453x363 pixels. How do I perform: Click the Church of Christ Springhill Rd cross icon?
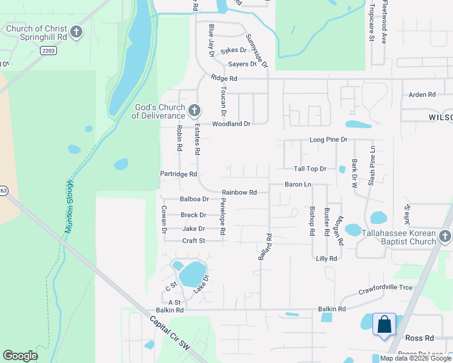[76, 32]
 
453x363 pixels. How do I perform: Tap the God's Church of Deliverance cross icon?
[194, 110]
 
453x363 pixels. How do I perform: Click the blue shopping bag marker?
[384, 324]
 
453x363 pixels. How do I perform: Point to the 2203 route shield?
[49, 51]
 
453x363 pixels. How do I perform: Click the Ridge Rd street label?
[224, 79]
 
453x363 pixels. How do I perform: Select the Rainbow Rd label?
[239, 192]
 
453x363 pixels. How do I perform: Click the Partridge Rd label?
[179, 174]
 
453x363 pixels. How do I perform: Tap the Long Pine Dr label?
[329, 140]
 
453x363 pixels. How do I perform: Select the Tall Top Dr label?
[310, 169]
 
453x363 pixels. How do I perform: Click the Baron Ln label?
[298, 184]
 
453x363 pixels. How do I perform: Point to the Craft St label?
[194, 240]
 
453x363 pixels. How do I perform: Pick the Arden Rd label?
[422, 94]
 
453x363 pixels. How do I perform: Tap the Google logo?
[21, 356]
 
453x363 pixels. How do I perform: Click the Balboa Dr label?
[194, 199]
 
